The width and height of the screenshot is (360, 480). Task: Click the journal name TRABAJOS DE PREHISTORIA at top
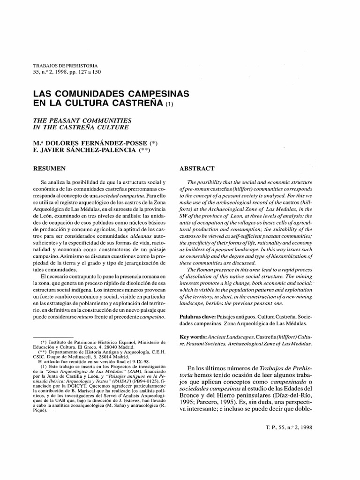65,66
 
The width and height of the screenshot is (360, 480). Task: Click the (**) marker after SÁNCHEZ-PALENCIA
146,150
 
